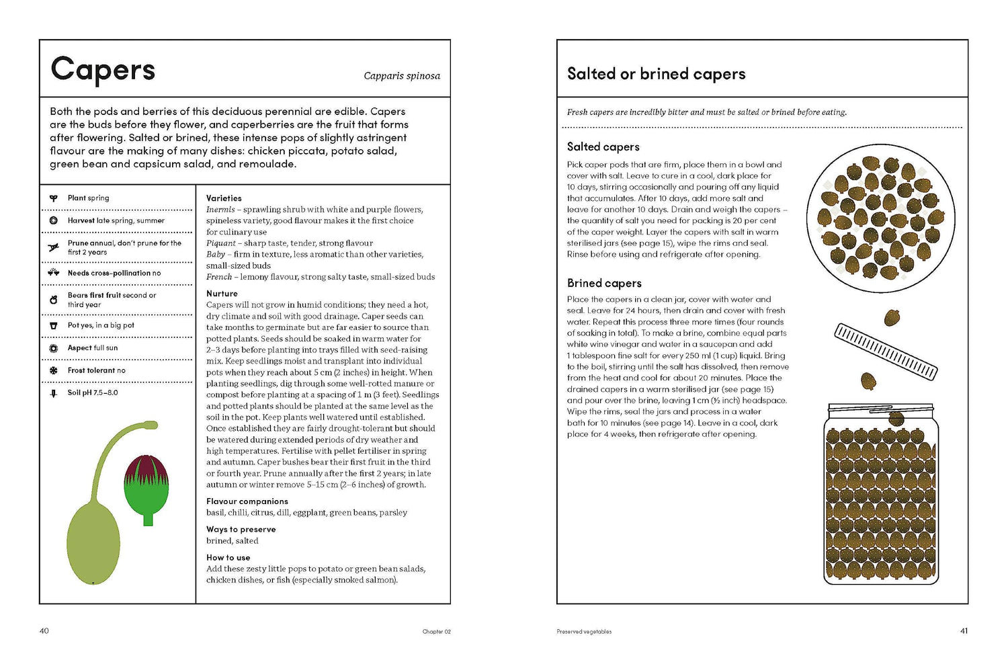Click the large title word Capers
103,70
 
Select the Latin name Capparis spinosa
402,76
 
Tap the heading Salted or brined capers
656,74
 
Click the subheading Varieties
224,198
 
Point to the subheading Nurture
222,294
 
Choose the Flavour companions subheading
247,501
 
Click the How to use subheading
228,558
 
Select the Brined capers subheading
604,284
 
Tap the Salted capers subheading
603,147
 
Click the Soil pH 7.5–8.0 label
93,393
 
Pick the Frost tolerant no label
96,370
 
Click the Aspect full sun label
93,348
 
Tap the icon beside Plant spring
54,198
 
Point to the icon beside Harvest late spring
54,220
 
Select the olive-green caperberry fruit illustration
93,541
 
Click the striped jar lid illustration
885,351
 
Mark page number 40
44,631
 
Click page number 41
964,631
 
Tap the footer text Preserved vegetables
584,632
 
